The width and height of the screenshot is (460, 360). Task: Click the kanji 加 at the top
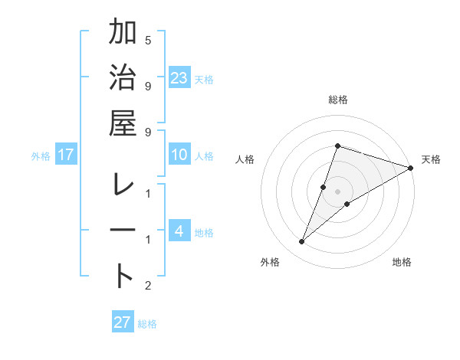tap(123, 34)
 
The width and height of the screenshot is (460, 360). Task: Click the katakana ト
tap(123, 275)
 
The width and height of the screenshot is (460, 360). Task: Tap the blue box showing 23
tap(179, 78)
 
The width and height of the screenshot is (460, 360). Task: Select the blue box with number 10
tap(179, 155)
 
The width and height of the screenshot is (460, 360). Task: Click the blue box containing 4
tap(179, 232)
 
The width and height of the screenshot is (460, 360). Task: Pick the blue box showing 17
tap(65, 155)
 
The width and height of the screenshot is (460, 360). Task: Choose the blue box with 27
tap(123, 322)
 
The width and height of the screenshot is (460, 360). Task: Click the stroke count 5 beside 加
tap(148, 41)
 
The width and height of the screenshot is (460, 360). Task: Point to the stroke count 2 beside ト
tap(148, 286)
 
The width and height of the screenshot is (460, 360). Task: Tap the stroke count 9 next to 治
tap(148, 85)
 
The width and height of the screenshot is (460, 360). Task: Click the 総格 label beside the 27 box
tap(147, 324)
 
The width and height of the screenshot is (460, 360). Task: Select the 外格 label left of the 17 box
tap(41, 156)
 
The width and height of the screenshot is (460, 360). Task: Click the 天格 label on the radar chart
tap(431, 159)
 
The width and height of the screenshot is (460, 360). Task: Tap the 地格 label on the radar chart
tap(402, 262)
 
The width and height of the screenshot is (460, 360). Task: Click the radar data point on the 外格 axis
tap(301, 242)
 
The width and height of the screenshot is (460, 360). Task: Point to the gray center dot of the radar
tap(338, 191)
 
